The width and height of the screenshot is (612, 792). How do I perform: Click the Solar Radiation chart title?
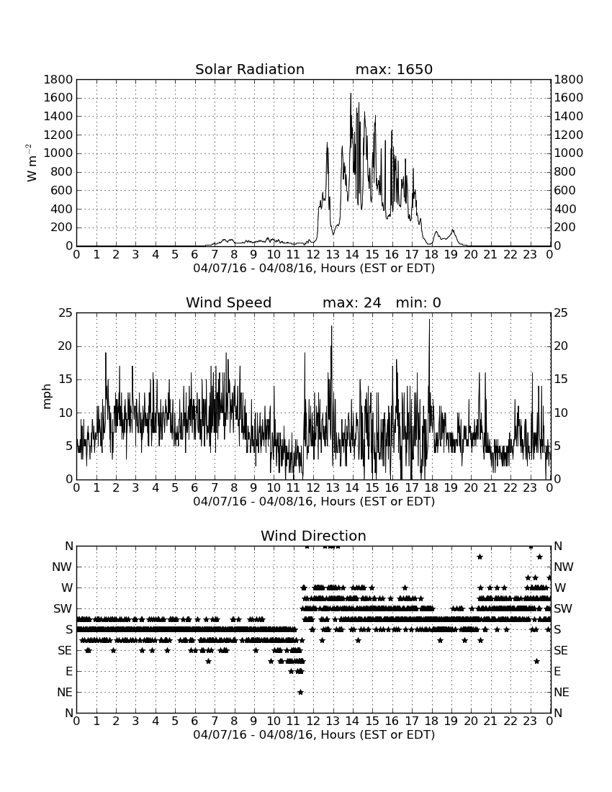pos(249,69)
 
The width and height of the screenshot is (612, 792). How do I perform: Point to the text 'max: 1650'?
pos(394,69)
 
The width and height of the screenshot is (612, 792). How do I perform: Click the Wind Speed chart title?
pos(228,303)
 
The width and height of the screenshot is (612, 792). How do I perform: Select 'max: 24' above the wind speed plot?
pos(351,302)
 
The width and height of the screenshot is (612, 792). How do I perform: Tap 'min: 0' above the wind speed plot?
pos(418,302)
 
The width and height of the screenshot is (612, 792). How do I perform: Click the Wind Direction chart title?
pos(313,536)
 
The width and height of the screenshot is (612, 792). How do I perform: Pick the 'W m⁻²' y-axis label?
pos(31,163)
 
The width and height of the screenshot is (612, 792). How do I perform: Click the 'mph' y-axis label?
pos(47,397)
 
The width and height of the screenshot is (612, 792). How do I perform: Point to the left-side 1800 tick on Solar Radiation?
pos(58,79)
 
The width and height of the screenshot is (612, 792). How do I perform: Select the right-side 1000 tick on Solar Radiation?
pos(569,153)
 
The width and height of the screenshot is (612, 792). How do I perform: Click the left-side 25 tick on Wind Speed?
pos(66,313)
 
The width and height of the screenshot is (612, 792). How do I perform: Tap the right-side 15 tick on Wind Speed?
pos(561,379)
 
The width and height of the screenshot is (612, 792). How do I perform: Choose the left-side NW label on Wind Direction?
pos(62,567)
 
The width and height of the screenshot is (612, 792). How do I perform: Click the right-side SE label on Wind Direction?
pos(561,651)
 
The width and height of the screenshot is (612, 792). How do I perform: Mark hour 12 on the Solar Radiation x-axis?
pos(313,254)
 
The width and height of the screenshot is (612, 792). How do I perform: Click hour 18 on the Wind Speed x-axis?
pos(431,487)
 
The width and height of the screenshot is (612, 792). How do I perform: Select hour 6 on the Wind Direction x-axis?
pos(194,721)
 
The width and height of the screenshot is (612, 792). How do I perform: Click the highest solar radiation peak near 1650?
pos(351,94)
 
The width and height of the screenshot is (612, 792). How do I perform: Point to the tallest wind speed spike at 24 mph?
pos(430,320)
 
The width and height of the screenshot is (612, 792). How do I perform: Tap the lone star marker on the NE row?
pos(300,692)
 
